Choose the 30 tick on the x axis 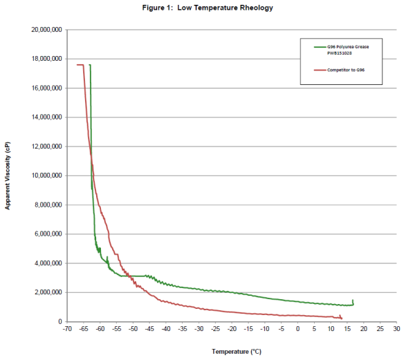coord(396,330)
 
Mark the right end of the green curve coord(353,301)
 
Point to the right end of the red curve coord(342,318)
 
